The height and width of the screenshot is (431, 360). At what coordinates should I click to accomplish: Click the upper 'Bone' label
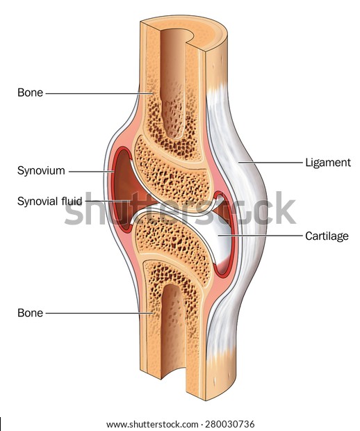tap(30, 92)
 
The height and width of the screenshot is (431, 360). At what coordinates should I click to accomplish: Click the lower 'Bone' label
tap(30, 313)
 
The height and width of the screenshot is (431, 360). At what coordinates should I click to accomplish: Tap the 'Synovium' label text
tap(41, 171)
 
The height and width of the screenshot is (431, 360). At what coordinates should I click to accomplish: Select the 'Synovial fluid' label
tap(50, 201)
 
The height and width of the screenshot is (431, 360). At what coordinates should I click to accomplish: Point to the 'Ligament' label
tap(328, 163)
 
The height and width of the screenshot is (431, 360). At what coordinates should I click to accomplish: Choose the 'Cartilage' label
tap(327, 236)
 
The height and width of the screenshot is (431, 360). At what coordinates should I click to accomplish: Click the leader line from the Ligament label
tap(270, 163)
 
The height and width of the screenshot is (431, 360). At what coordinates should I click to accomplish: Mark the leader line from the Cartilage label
tap(260, 236)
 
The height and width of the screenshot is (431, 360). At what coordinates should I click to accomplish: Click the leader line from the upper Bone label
tap(99, 93)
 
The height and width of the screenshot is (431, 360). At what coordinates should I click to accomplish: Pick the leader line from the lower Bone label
tap(99, 313)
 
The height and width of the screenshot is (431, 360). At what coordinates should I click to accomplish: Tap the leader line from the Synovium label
tap(91, 172)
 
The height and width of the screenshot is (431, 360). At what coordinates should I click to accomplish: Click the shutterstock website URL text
tap(152, 424)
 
